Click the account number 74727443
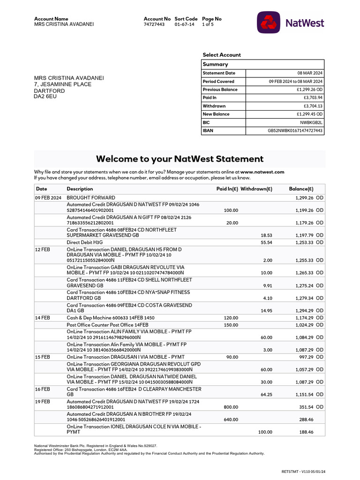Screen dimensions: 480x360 tap(154, 24)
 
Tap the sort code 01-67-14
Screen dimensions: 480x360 tap(184, 24)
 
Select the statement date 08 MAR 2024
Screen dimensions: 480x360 tap(310, 73)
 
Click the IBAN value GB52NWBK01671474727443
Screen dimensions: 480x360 tap(295, 131)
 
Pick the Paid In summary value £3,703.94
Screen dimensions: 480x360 tap(313, 97)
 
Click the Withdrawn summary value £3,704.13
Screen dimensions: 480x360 tap(313, 106)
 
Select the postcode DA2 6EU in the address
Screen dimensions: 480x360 tap(46, 97)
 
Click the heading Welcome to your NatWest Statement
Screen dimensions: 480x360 tap(180, 159)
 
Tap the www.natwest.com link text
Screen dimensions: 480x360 tap(262, 172)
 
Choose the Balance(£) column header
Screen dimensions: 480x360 tap(301, 189)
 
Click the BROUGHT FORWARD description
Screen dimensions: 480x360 tap(91, 198)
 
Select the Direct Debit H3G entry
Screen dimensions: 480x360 tap(84, 242)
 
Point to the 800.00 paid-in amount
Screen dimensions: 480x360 tap(231, 407)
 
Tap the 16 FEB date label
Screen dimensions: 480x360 tap(43, 389)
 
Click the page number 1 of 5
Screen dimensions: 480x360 tap(208, 24)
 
